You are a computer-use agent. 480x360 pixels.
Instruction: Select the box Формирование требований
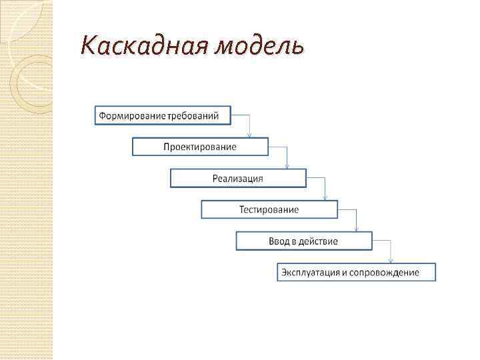[x=163, y=115]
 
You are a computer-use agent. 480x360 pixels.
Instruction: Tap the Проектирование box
[x=200, y=147]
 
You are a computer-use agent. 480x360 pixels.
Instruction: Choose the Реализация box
[x=238, y=178]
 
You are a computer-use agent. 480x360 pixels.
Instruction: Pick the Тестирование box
[x=269, y=209]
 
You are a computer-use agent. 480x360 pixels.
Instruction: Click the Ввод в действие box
[x=303, y=241]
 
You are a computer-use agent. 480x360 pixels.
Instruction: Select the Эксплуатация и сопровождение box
[x=357, y=272]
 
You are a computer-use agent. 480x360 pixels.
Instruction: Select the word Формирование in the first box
[x=133, y=115]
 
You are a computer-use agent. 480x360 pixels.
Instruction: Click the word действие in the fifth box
[x=319, y=241]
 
